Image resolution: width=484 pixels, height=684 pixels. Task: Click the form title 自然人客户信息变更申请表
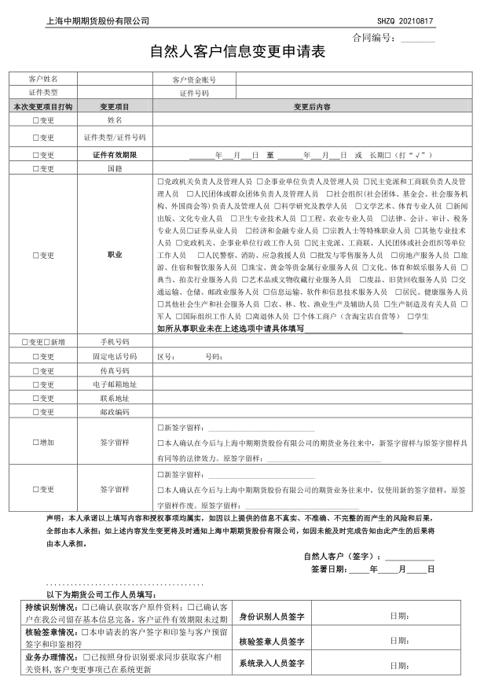pyautogui.click(x=237, y=53)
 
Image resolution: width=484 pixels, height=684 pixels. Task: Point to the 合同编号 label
pyautogui.click(x=374, y=38)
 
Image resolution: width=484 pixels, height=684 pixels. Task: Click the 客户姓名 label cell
pyautogui.click(x=43, y=79)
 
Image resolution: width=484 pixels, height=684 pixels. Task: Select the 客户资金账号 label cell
pyautogui.click(x=193, y=79)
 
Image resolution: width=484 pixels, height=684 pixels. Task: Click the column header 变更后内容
pyautogui.click(x=312, y=106)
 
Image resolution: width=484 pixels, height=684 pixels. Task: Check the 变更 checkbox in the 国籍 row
pyautogui.click(x=35, y=168)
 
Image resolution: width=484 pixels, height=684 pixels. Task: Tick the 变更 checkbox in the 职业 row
pyautogui.click(x=35, y=255)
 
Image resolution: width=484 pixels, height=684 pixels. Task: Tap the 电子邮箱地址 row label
pyautogui.click(x=115, y=384)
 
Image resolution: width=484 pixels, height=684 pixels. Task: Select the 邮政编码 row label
pyautogui.click(x=115, y=411)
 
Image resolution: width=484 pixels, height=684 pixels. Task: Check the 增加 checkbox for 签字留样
pyautogui.click(x=35, y=442)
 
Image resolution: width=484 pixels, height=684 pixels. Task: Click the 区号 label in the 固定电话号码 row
pyautogui.click(x=166, y=356)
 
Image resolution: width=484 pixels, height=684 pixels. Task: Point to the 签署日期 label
pyautogui.click(x=328, y=568)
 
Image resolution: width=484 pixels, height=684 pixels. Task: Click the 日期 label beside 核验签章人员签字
pyautogui.click(x=399, y=641)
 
